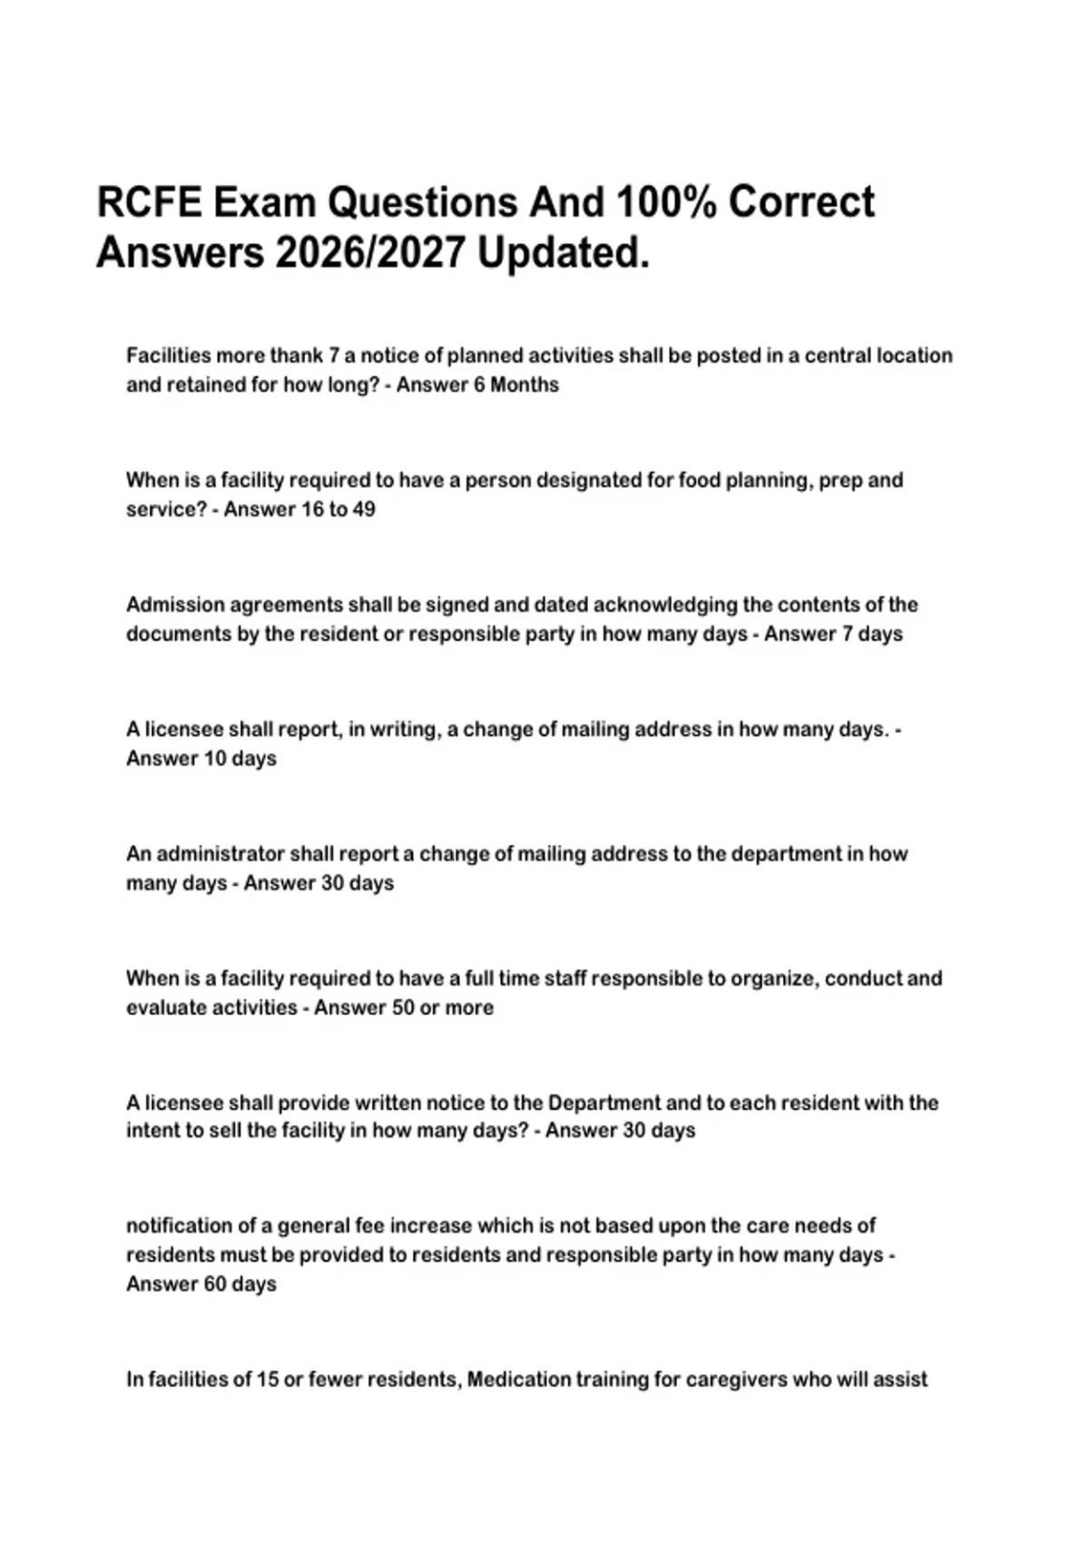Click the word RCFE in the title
149,202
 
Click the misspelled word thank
296,356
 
